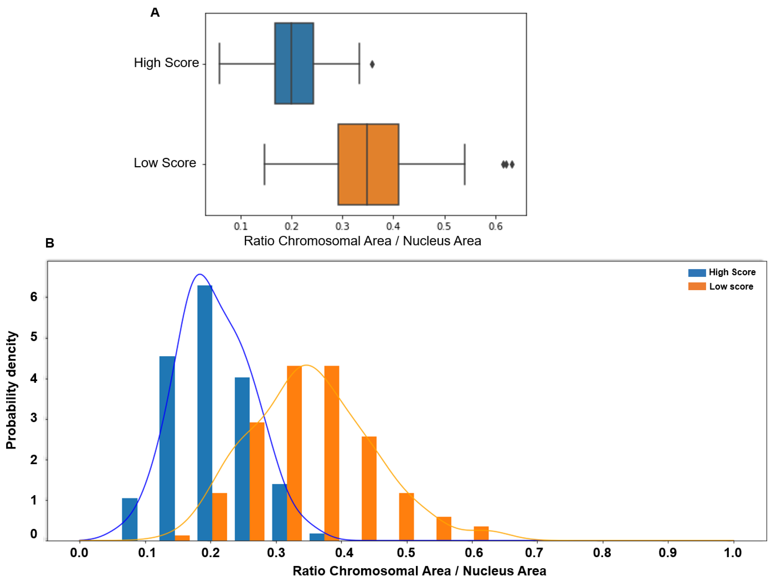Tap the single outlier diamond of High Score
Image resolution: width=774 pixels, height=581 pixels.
[372, 64]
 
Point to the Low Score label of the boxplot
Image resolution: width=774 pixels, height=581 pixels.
[165, 163]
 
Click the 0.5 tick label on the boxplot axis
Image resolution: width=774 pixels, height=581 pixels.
[444, 226]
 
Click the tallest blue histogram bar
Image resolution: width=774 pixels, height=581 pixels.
[205, 413]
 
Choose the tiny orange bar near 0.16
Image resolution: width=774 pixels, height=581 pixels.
[182, 538]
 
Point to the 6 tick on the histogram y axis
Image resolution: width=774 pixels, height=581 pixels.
[34, 297]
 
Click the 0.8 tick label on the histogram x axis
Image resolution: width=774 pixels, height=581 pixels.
[602, 553]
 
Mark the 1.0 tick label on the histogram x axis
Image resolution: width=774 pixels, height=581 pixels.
[733, 553]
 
